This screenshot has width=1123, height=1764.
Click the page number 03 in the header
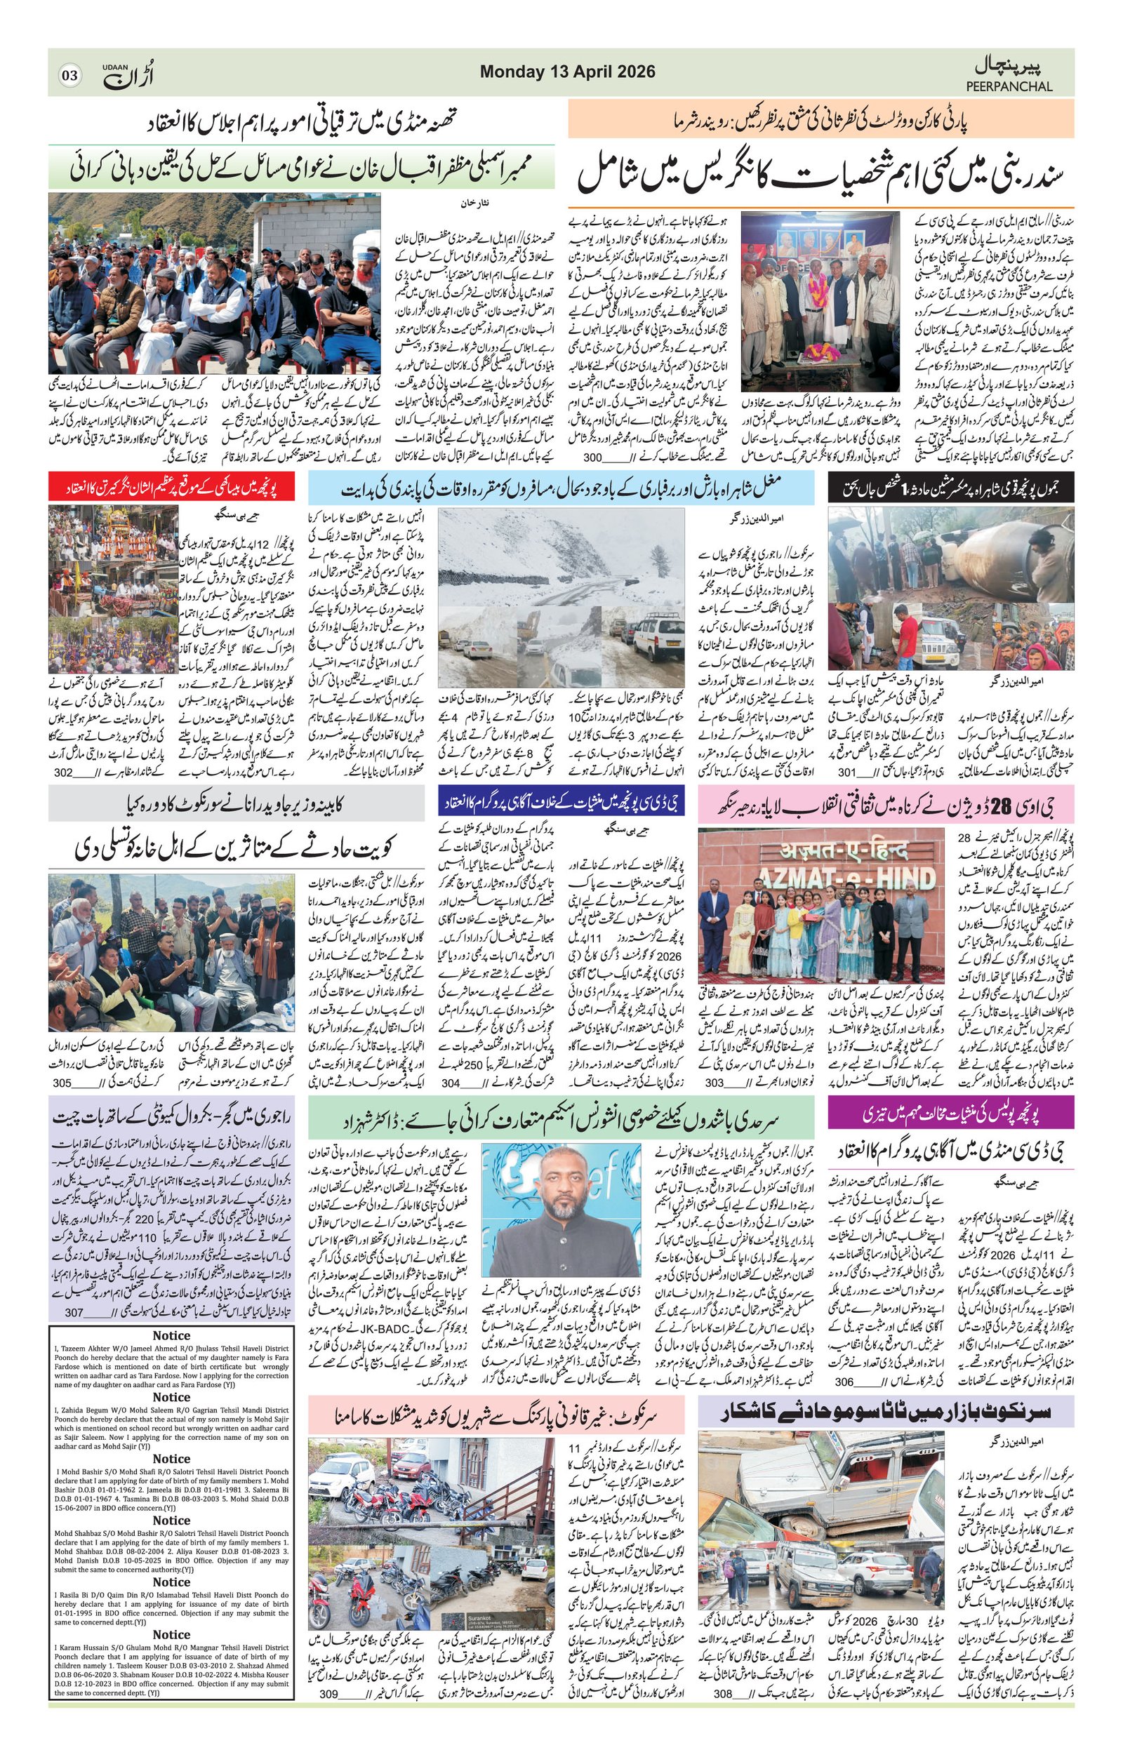pyautogui.click(x=70, y=74)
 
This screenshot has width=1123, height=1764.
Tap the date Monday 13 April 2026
pyautogui.click(x=567, y=72)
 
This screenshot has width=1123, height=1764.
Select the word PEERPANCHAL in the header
pyautogui.click(x=1009, y=86)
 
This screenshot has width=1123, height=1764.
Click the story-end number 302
pyautogui.click(x=64, y=772)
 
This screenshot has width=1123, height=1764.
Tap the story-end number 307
pyautogui.click(x=74, y=1313)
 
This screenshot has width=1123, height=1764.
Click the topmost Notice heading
pyautogui.click(x=171, y=1335)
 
